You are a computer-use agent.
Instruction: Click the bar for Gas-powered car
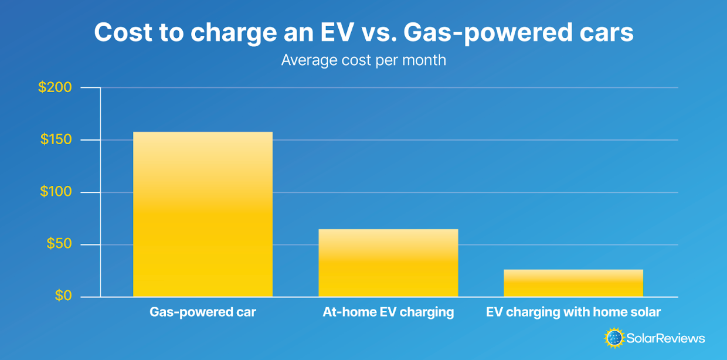click(203, 214)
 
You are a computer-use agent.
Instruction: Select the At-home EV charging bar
click(388, 263)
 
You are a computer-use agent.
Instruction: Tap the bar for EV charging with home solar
click(573, 283)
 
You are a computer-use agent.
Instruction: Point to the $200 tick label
click(55, 88)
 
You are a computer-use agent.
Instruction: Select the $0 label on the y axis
click(63, 296)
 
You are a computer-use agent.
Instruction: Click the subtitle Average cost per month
click(363, 60)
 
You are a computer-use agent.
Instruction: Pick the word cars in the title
click(607, 33)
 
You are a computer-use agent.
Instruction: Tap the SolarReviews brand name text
click(665, 338)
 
